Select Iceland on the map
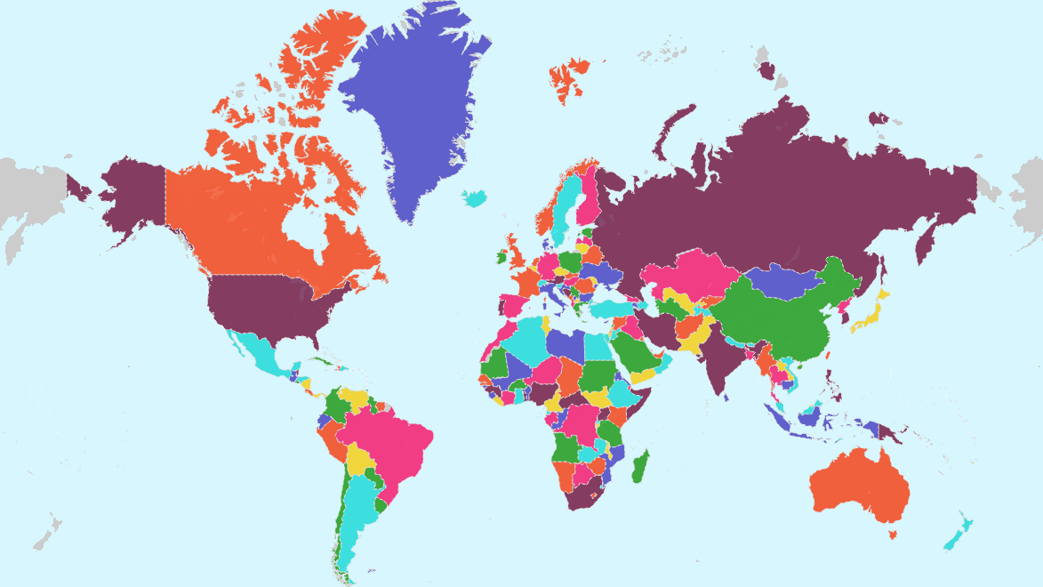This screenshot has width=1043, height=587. coord(476,197)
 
